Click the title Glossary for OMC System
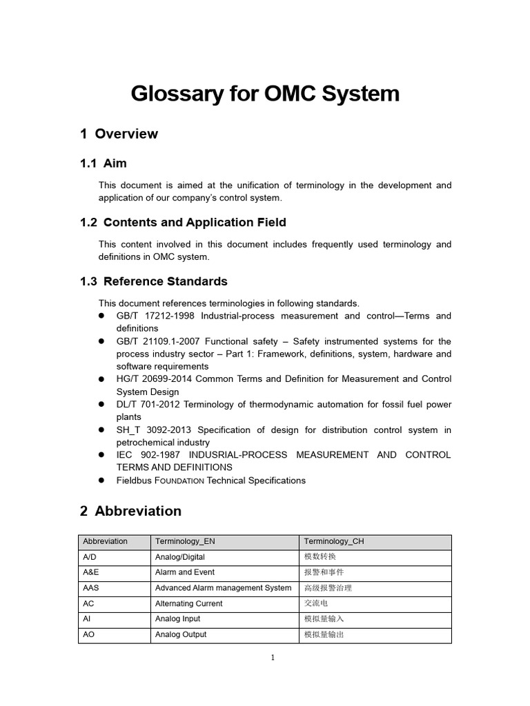tap(265, 93)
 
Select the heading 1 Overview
tap(119, 134)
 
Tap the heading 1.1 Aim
tap(104, 163)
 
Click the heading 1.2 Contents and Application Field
tap(183, 222)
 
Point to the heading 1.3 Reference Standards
tap(154, 281)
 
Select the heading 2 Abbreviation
tap(130, 511)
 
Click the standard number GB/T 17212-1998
tap(155, 316)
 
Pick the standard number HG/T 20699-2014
tap(155, 379)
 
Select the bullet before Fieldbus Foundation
tap(101, 481)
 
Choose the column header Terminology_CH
tap(334, 542)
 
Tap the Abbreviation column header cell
tap(105, 542)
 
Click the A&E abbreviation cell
tap(90, 572)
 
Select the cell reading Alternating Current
tap(189, 603)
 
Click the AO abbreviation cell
tap(88, 634)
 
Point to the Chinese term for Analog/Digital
tap(320, 557)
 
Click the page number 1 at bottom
tap(273, 658)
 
